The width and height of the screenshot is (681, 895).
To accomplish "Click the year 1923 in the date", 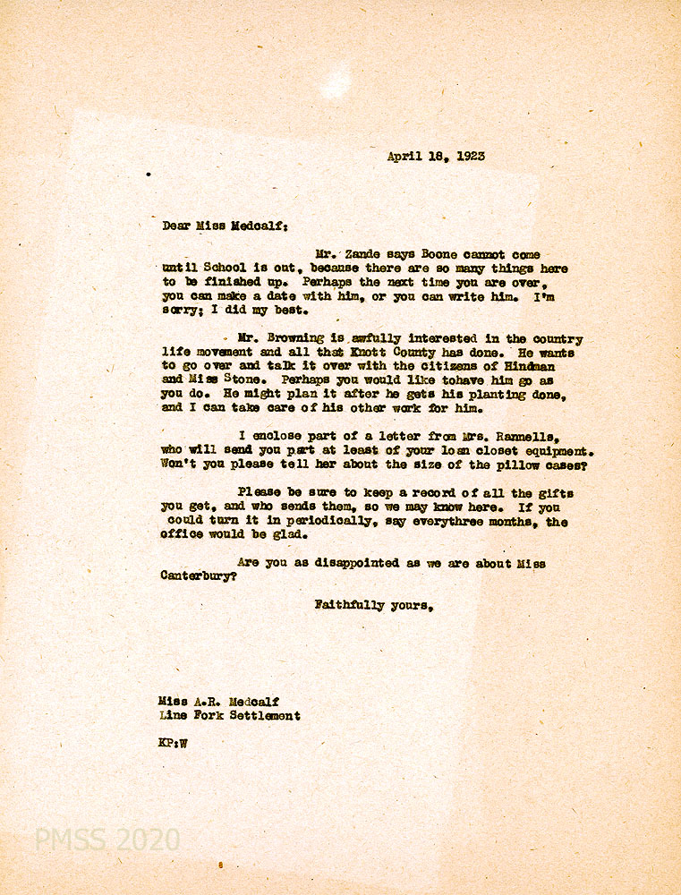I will tap(470, 156).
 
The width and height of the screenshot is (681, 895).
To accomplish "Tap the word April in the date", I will tap(403, 156).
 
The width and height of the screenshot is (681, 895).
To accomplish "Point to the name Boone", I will tap(440, 255).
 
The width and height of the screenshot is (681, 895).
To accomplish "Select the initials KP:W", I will tap(173, 743).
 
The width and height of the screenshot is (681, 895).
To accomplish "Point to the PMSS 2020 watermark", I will tap(107, 840).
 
